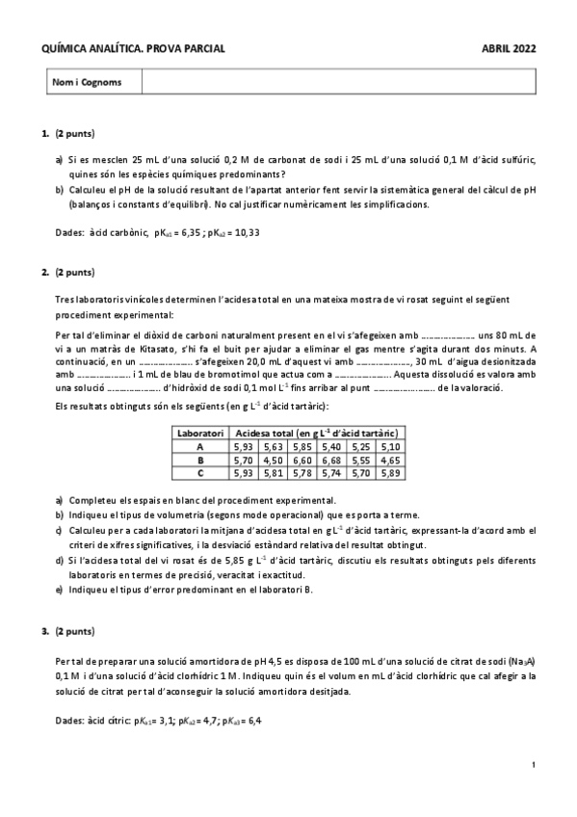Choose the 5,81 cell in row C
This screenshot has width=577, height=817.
tap(274, 473)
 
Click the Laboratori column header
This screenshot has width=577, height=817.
tap(200, 434)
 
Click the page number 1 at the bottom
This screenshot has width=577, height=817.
tap(533, 765)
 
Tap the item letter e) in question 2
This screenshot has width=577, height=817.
tap(59, 590)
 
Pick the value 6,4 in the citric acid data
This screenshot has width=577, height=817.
tap(253, 719)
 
